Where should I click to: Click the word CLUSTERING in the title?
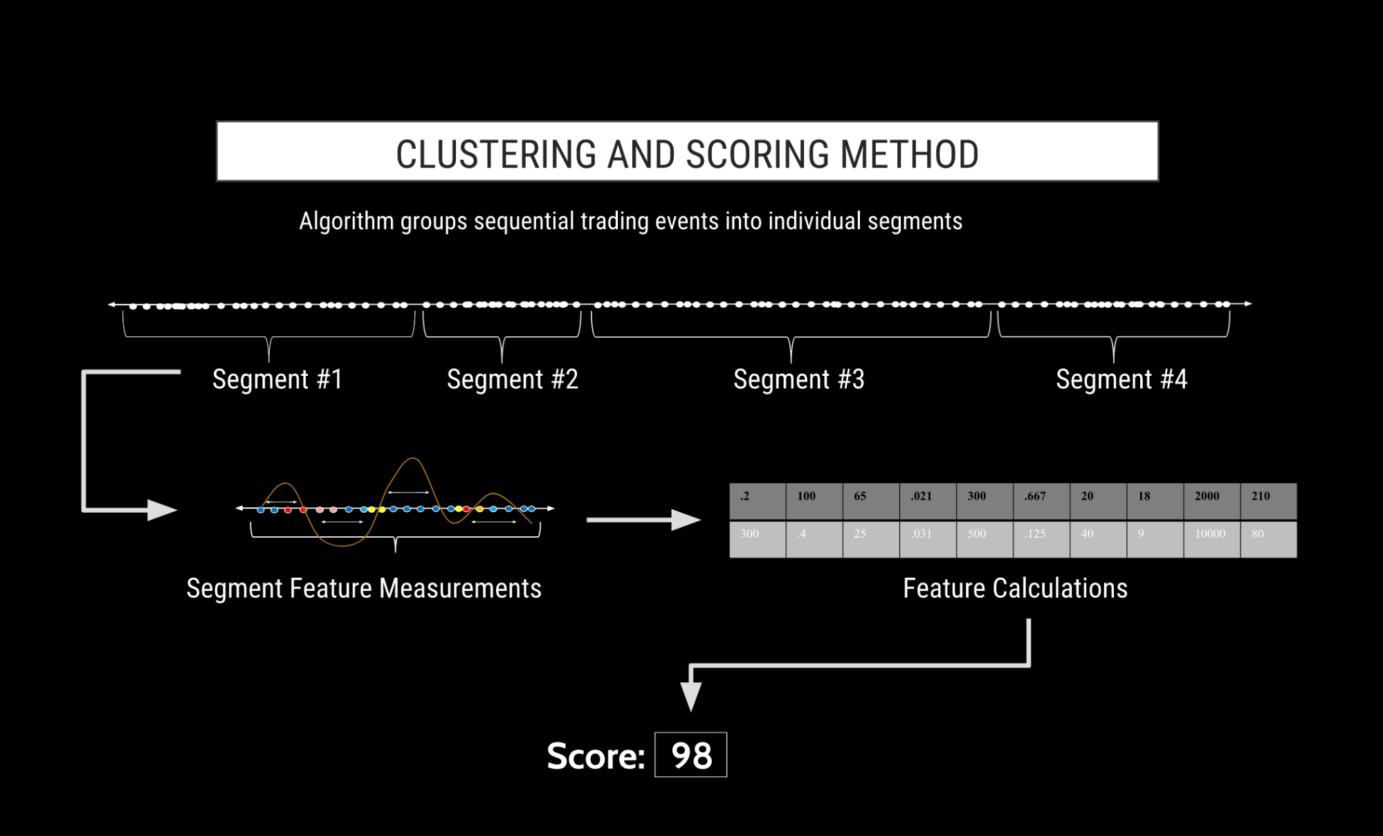[495, 154]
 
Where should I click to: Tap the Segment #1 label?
[277, 379]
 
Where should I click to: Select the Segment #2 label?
[512, 379]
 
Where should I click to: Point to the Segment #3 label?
[798, 379]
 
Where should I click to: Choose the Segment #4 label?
[1121, 379]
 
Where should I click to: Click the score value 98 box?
[690, 754]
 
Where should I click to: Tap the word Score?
[596, 756]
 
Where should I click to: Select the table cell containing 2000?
[1211, 501]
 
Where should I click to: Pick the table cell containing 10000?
[1211, 538]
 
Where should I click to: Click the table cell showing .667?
[1041, 501]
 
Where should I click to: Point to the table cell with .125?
[1041, 538]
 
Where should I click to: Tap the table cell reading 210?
[1268, 501]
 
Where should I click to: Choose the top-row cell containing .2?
[758, 501]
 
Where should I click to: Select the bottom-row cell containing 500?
[984, 538]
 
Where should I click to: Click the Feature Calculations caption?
[1015, 588]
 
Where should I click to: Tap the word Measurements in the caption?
[460, 588]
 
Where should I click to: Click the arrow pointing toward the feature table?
[643, 520]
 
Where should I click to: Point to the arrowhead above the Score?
[690, 696]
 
